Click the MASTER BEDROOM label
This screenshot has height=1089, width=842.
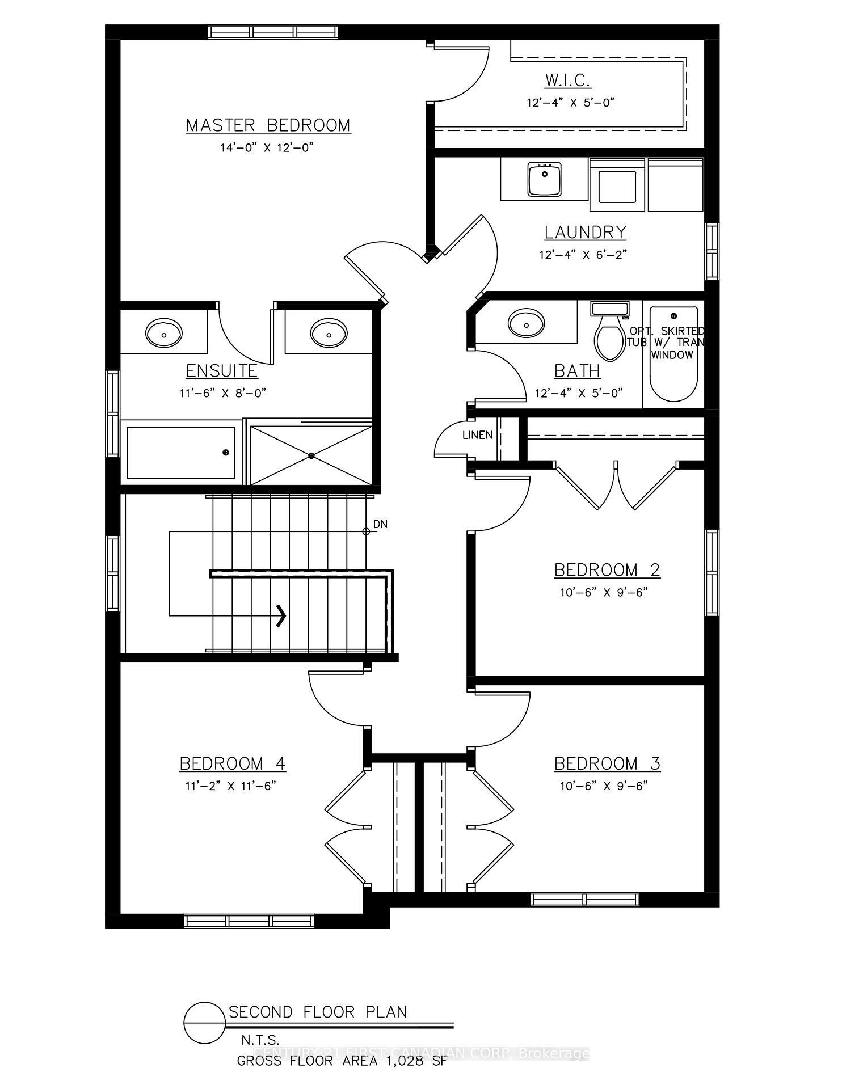pos(268,125)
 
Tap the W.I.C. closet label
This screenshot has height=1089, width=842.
pos(568,81)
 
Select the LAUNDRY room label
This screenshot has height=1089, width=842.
pos(585,233)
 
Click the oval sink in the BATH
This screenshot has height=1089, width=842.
pos(527,323)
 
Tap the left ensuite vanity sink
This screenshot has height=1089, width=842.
pos(164,332)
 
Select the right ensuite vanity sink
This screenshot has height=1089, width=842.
pos(329,332)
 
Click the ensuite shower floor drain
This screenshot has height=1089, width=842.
pos(311,455)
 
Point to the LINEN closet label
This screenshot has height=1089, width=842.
pos(477,436)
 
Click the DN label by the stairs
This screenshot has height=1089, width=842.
pos(380,525)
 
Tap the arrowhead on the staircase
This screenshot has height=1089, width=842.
pos(281,615)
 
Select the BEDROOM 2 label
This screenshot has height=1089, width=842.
pos(607,570)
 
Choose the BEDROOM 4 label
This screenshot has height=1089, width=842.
pos(233,764)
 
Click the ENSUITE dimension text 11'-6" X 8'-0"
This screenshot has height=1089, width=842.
pos(223,393)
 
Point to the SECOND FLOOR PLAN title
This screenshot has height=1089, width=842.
pos(318,1012)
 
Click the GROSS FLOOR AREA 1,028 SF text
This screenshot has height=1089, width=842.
pos(342,1061)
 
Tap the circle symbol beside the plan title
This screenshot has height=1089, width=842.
pos(204,1023)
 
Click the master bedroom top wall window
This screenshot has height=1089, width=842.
pos(273,32)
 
